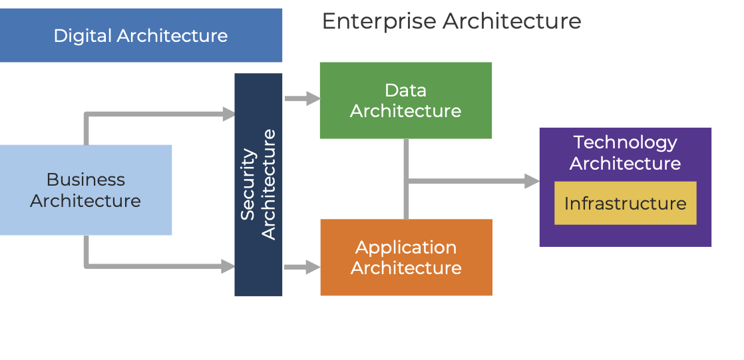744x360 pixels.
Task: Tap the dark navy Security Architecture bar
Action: click(x=258, y=266)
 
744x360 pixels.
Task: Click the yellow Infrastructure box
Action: click(x=625, y=203)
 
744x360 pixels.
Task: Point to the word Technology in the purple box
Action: click(x=625, y=142)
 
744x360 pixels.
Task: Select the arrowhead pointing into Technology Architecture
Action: click(x=532, y=181)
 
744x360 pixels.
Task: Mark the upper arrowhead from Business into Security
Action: click(x=228, y=114)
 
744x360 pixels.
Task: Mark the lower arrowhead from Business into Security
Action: click(x=228, y=267)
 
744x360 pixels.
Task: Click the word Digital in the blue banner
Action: click(x=83, y=35)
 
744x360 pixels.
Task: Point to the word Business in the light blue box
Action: click(x=85, y=180)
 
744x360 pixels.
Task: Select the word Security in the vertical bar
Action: click(x=248, y=184)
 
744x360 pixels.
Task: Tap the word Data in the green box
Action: click(x=405, y=90)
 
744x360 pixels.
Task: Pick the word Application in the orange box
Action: click(x=406, y=248)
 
